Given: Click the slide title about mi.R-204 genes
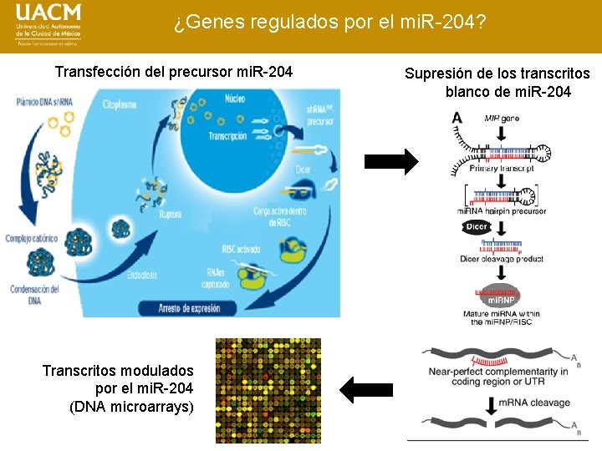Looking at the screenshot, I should coord(331,22).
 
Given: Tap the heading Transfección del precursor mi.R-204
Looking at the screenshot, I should coord(174,72).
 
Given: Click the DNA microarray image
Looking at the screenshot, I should coord(268,390).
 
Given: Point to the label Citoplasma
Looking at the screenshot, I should coord(123,108).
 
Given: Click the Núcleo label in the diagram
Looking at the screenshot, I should coord(235,99).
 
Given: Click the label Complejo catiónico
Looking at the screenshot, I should coord(32,239).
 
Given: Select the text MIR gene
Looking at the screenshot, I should coord(502,119).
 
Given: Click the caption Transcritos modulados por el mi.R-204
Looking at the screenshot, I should coord(118,388).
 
